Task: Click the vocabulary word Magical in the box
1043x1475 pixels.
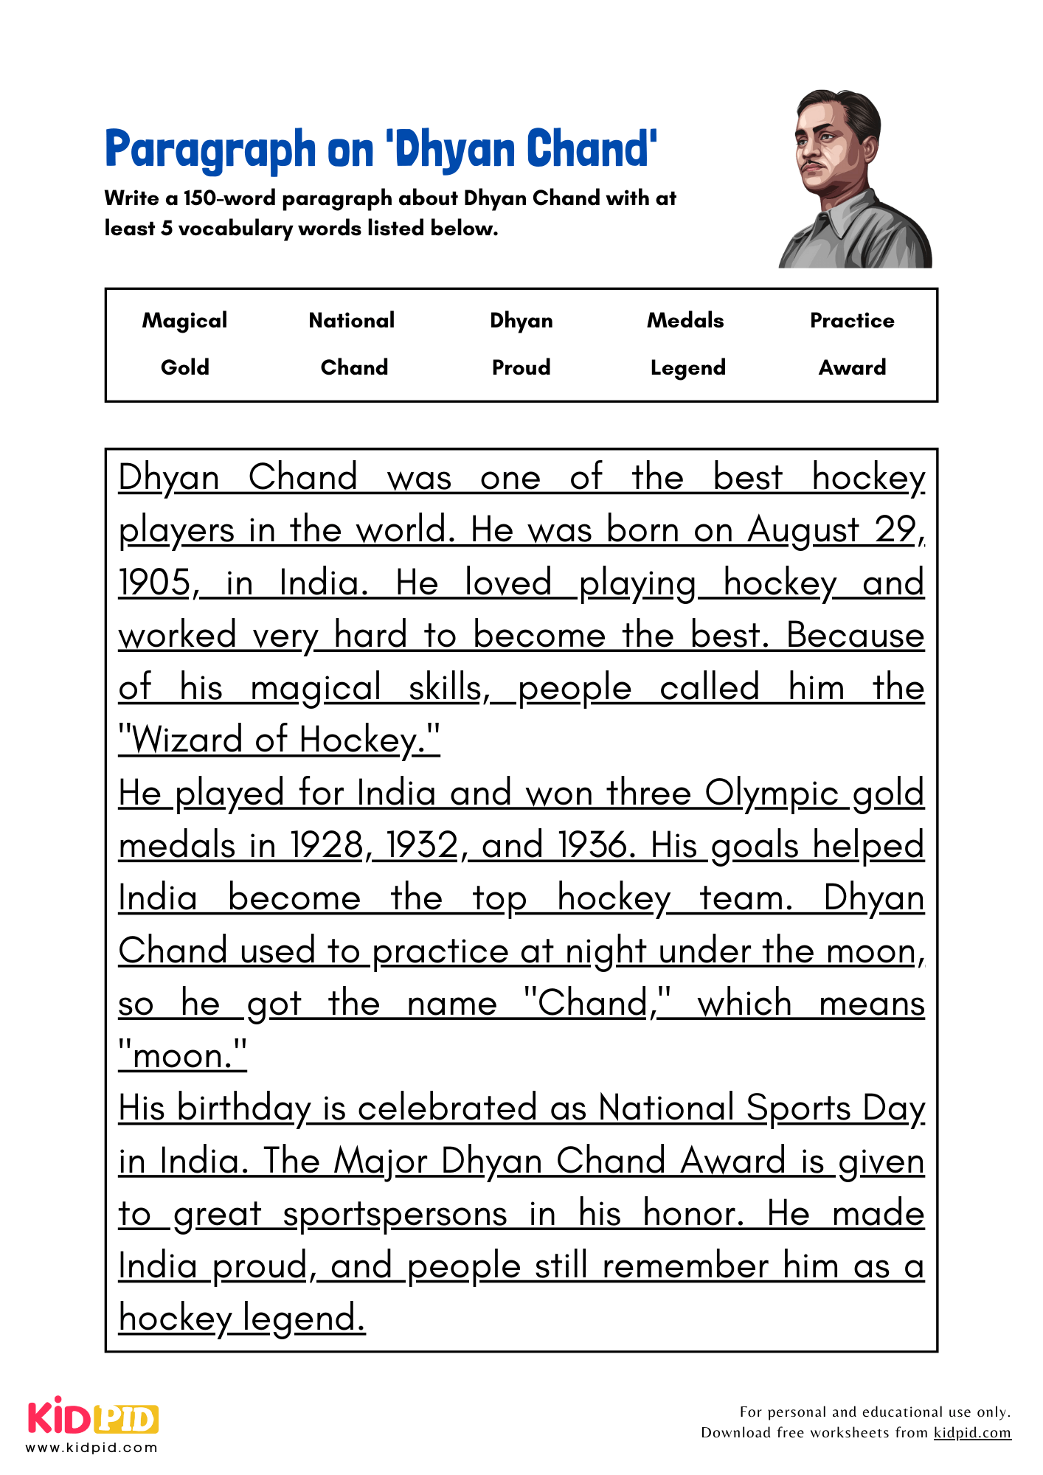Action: pyautogui.click(x=184, y=321)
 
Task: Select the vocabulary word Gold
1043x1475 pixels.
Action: pyautogui.click(x=184, y=367)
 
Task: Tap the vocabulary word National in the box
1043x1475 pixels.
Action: pyautogui.click(x=352, y=321)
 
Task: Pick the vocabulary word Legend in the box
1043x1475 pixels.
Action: pyautogui.click(x=687, y=368)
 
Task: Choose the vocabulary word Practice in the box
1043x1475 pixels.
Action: pyautogui.click(x=852, y=321)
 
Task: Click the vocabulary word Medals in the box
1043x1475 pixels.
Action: pyautogui.click(x=685, y=321)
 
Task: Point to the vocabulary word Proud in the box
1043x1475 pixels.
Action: pyautogui.click(x=521, y=367)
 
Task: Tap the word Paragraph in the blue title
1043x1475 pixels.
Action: pyautogui.click(x=210, y=150)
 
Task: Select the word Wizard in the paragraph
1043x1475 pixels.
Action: pyautogui.click(x=187, y=740)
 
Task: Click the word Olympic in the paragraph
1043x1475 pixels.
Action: pyautogui.click(x=772, y=794)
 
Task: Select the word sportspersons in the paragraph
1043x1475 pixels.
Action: pyautogui.click(x=395, y=1215)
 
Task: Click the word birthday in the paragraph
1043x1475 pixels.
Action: pyautogui.click(x=244, y=1109)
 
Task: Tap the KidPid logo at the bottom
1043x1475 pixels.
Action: pyautogui.click(x=93, y=1420)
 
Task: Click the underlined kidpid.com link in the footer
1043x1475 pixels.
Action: pyautogui.click(x=971, y=1433)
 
